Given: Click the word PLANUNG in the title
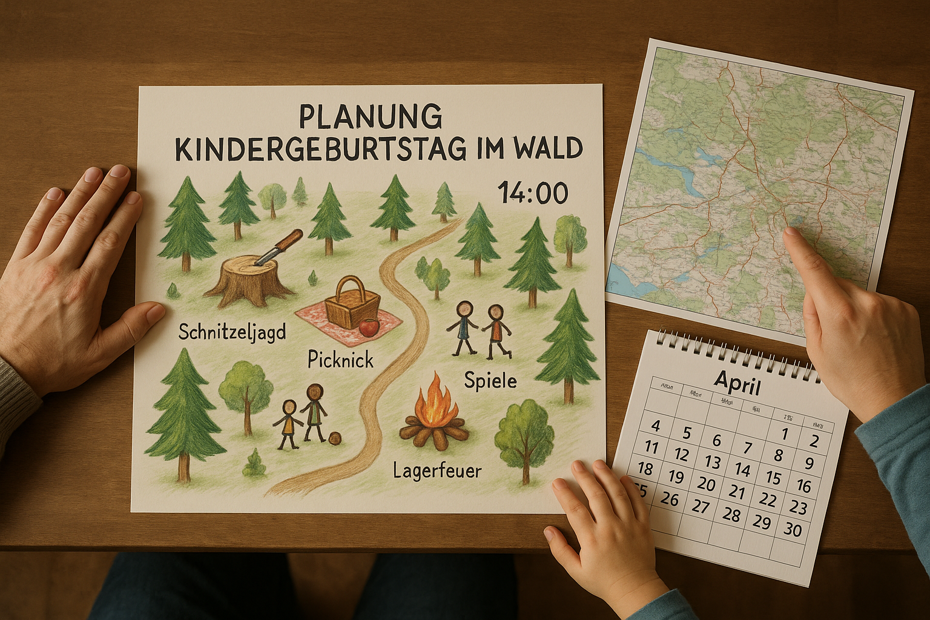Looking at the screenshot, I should coord(371,117).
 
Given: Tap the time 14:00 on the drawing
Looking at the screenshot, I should coord(533,193).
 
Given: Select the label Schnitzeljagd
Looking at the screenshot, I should coord(232,332).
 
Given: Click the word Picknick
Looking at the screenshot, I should coord(340,360).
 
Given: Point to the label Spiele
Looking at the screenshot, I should coord(490,380).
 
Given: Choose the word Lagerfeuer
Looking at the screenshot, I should coord(437,470).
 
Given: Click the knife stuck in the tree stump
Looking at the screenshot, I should coord(278,247).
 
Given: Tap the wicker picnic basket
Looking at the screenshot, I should coord(352,304).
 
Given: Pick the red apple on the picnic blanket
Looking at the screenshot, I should coord(369,328).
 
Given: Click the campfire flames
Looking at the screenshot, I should coord(434,403).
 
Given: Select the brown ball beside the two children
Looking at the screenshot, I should coord(336,438).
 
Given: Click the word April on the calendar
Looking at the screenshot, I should coord(737,381).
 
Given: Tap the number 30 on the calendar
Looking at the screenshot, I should coord(792,529).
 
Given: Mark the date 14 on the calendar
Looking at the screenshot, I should coord(742,470).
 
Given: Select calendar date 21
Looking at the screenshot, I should coord(737,492).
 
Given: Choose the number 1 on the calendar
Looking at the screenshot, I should coord(785,434).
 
